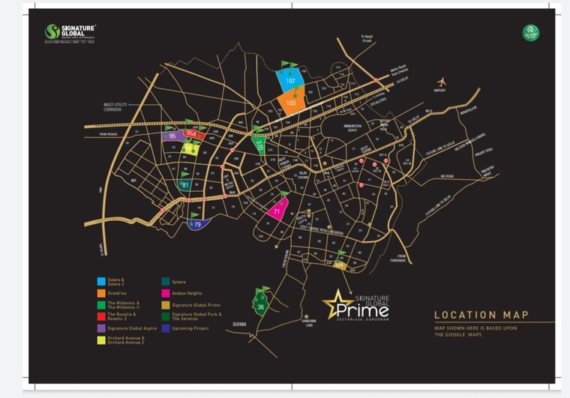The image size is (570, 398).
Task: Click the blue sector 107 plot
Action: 289,79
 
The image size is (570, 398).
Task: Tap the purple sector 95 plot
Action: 173,136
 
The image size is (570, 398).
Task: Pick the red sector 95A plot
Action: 193,134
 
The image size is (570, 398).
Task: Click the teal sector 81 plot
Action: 184,184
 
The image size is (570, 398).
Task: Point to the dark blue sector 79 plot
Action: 196,223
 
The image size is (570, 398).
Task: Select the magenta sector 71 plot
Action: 277,211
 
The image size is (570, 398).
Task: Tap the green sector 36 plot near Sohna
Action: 260,305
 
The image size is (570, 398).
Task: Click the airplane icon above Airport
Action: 441,82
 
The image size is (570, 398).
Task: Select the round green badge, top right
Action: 530,33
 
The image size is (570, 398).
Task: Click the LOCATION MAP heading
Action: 481,315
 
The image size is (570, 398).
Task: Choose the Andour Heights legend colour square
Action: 164,292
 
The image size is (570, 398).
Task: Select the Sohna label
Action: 239,324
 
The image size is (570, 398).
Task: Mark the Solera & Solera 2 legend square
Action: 100,281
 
